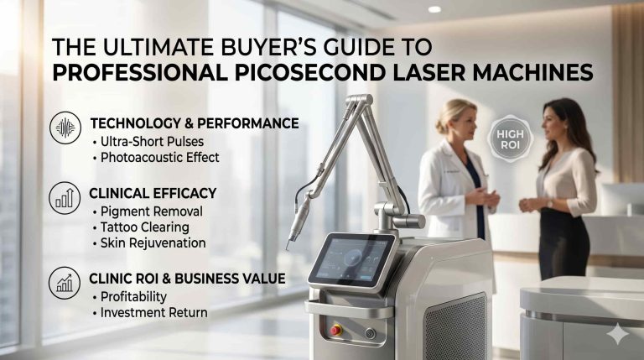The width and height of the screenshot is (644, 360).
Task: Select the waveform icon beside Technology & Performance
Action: (x=65, y=128)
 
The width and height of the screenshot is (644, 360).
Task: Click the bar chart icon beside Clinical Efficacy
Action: (x=65, y=198)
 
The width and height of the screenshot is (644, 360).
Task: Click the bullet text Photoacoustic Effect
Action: (x=159, y=157)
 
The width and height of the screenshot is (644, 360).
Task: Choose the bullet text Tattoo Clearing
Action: (x=144, y=227)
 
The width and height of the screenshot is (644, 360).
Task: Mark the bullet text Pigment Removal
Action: (x=148, y=211)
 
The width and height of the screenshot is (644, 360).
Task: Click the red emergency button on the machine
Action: (x=336, y=330)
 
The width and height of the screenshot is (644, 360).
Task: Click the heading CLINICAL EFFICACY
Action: (x=153, y=193)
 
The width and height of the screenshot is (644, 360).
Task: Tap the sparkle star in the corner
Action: (x=618, y=334)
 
